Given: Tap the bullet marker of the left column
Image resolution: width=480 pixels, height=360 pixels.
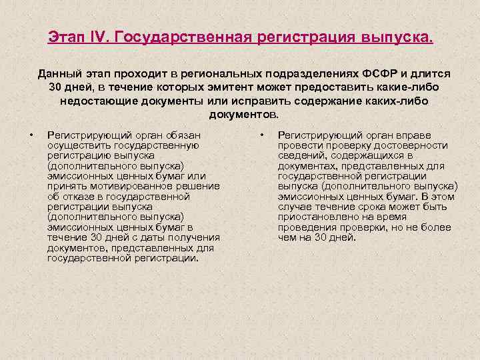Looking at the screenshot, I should click(x=31, y=135).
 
